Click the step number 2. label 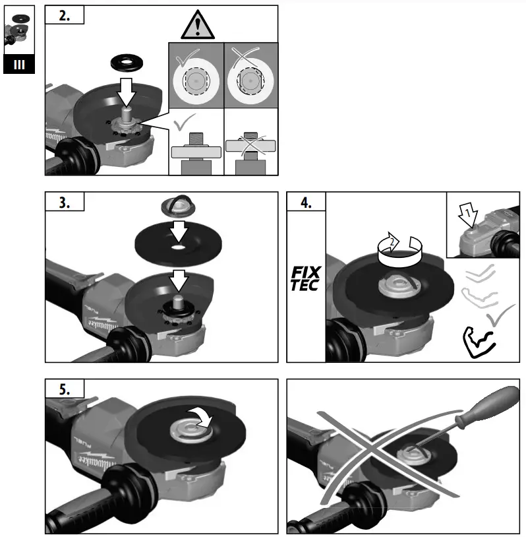[x=65, y=16]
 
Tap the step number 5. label [x=65, y=389]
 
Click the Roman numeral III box [x=19, y=65]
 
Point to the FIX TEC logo [x=305, y=278]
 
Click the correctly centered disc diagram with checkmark [x=196, y=80]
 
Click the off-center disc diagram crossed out [x=250, y=80]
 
